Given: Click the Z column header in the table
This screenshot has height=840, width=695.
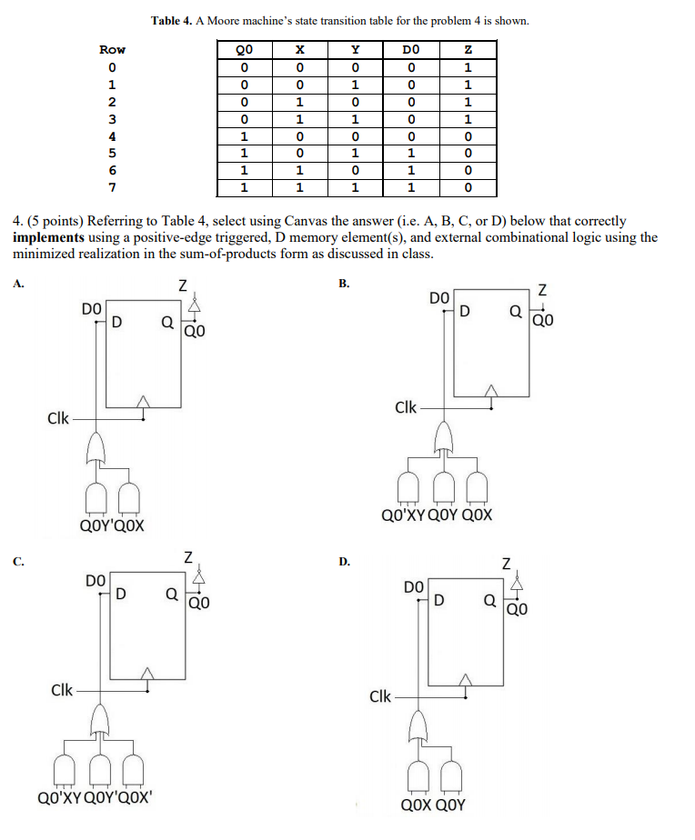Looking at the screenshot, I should (x=468, y=50).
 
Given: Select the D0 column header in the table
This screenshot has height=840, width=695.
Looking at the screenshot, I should (x=411, y=50).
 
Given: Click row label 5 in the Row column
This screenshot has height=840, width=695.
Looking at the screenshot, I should (x=112, y=154).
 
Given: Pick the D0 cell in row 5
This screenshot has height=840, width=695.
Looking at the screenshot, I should (x=411, y=154).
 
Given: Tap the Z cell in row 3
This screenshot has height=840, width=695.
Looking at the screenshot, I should (x=468, y=119).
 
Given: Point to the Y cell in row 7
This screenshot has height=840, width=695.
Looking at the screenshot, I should (x=355, y=188).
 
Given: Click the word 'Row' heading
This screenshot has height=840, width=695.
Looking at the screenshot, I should (x=112, y=50).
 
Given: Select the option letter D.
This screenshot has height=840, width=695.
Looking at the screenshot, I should (x=344, y=561).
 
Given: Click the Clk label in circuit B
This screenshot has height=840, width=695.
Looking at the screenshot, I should (x=407, y=407).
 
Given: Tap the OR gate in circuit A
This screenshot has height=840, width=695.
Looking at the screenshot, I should (x=96, y=447).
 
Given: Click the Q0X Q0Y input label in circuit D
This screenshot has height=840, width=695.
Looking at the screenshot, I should (x=433, y=805).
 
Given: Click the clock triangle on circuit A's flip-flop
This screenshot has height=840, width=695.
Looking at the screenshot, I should (x=143, y=401).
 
